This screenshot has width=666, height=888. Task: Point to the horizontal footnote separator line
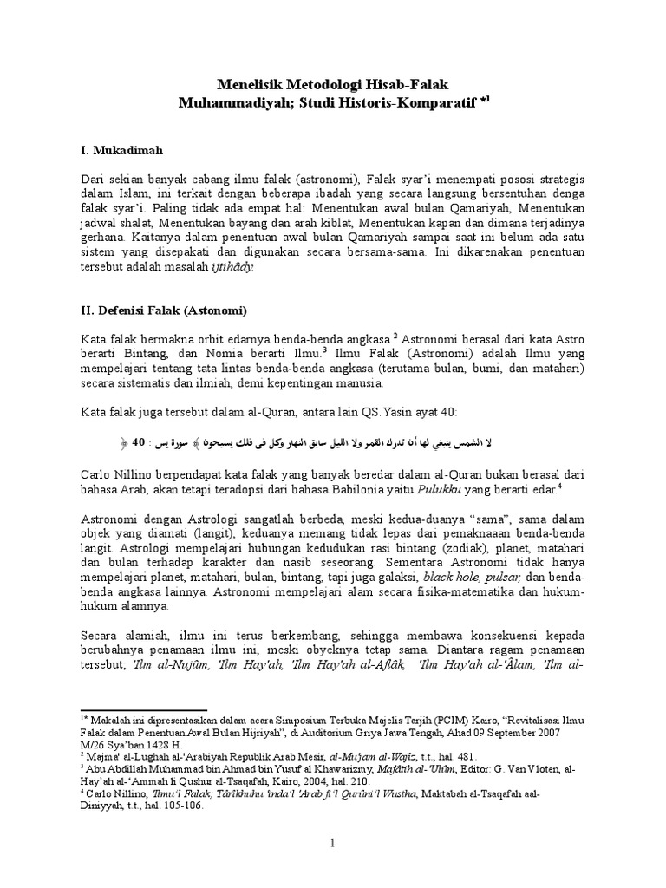142,709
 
